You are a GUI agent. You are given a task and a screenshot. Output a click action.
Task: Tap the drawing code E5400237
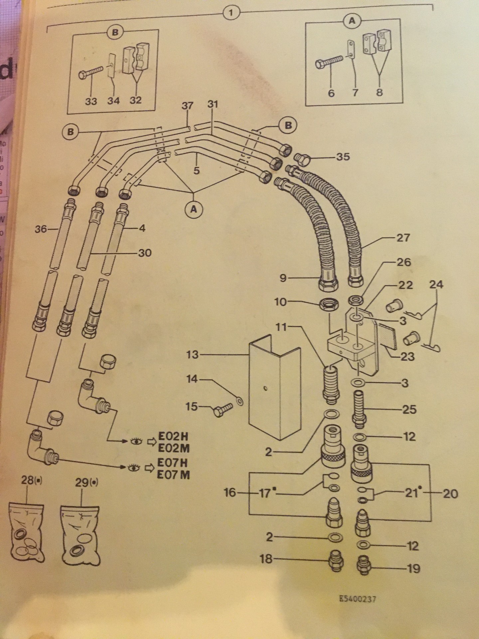pos(358,599)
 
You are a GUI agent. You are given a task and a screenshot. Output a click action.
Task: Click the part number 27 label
pos(403,238)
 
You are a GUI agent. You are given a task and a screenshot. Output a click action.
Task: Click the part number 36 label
pos(41,229)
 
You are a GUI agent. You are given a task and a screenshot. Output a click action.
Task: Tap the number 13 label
pos(192,355)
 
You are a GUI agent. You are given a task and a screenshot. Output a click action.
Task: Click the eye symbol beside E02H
pos(135,441)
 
